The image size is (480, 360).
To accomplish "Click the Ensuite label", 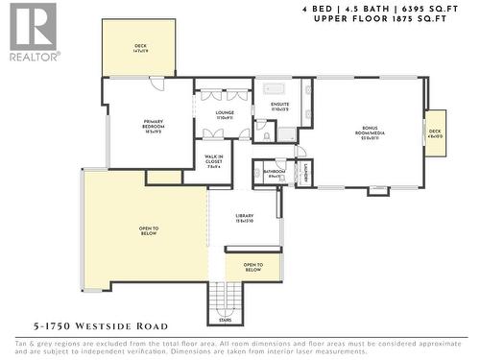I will coord(280,108).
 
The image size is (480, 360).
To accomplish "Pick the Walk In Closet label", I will coord(214,160).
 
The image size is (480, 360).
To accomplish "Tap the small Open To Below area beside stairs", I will coord(252,268).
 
